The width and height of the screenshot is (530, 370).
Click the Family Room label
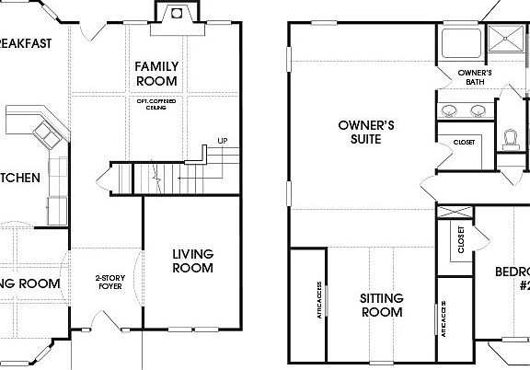156,74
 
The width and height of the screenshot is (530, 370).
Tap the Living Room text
192,260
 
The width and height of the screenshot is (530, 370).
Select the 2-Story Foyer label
110,282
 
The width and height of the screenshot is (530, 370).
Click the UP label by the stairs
222,141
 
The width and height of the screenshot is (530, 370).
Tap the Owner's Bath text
475,77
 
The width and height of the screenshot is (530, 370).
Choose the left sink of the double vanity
450,110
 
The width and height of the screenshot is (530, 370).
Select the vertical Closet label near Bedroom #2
461,241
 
